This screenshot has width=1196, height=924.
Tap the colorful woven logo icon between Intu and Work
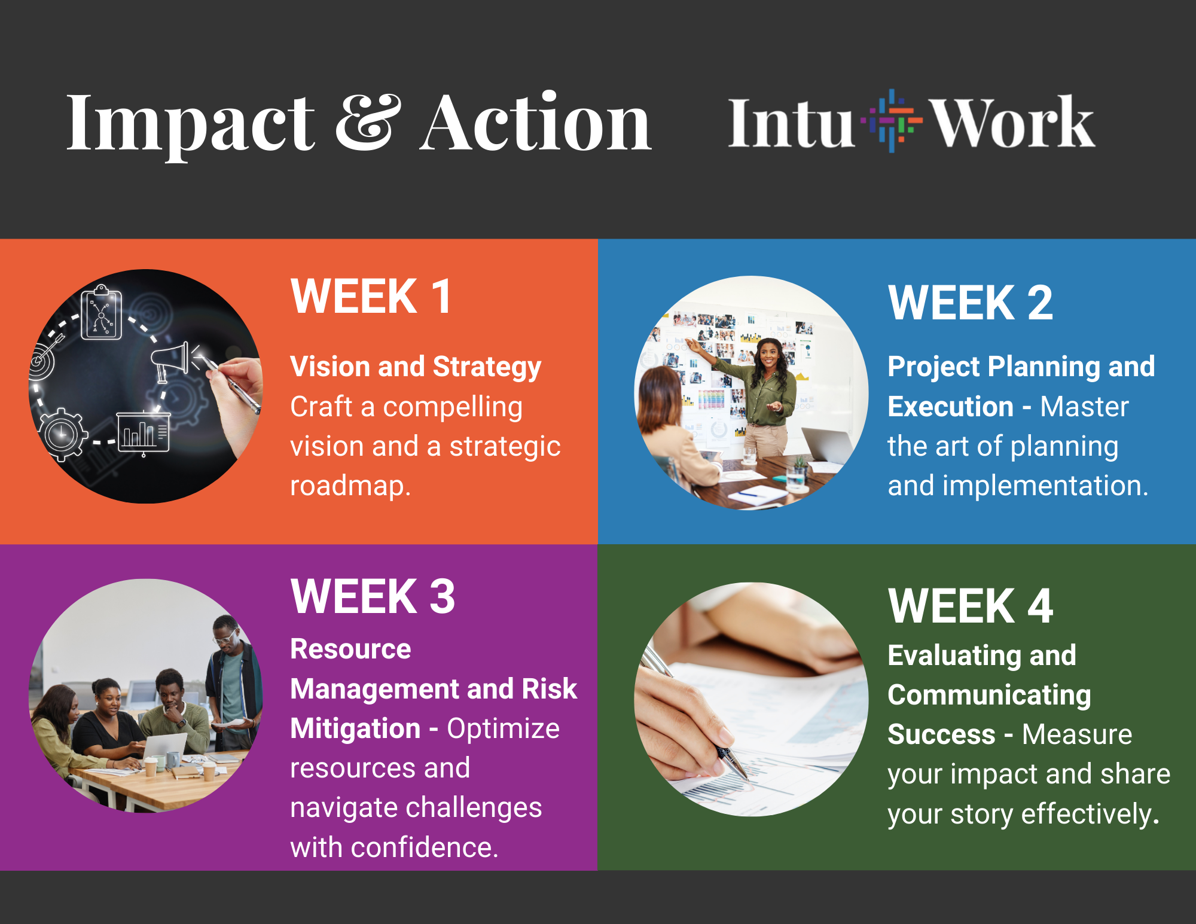[890, 121]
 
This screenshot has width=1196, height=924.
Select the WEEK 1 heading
[371, 297]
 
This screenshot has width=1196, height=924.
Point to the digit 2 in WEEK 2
[1040, 303]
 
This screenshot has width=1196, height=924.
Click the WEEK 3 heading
[373, 597]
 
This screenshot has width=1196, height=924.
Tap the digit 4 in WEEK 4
[1040, 606]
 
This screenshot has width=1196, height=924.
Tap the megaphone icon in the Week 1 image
[170, 360]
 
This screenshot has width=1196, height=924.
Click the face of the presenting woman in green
[768, 354]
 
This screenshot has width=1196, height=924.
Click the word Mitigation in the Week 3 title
[355, 729]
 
